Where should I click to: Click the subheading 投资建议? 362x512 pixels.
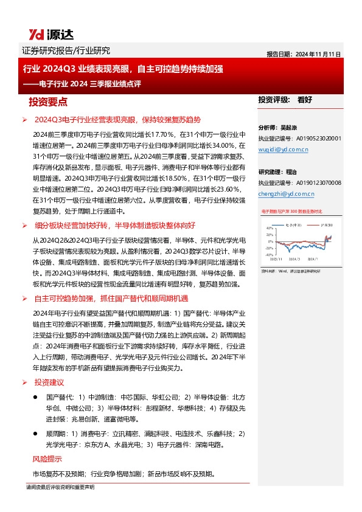point(49,382)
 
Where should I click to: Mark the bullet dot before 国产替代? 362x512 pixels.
point(37,396)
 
